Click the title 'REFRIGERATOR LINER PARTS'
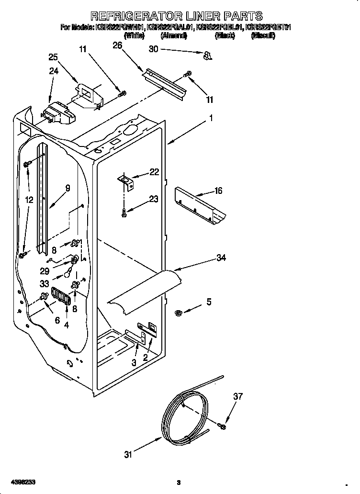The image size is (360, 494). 177,16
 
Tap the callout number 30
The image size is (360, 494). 153,49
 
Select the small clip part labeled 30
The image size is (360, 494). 207,56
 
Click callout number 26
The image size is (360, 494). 117,45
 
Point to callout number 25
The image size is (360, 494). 54,57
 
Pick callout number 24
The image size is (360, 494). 54,72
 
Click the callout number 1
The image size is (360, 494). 210,117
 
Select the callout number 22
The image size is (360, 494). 154,172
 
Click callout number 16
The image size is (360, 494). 218,191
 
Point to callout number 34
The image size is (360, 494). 221,258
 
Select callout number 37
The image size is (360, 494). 238,396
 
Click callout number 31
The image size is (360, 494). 128,455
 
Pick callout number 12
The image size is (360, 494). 30,200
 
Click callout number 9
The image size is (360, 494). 67,188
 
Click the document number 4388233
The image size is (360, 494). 22,482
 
